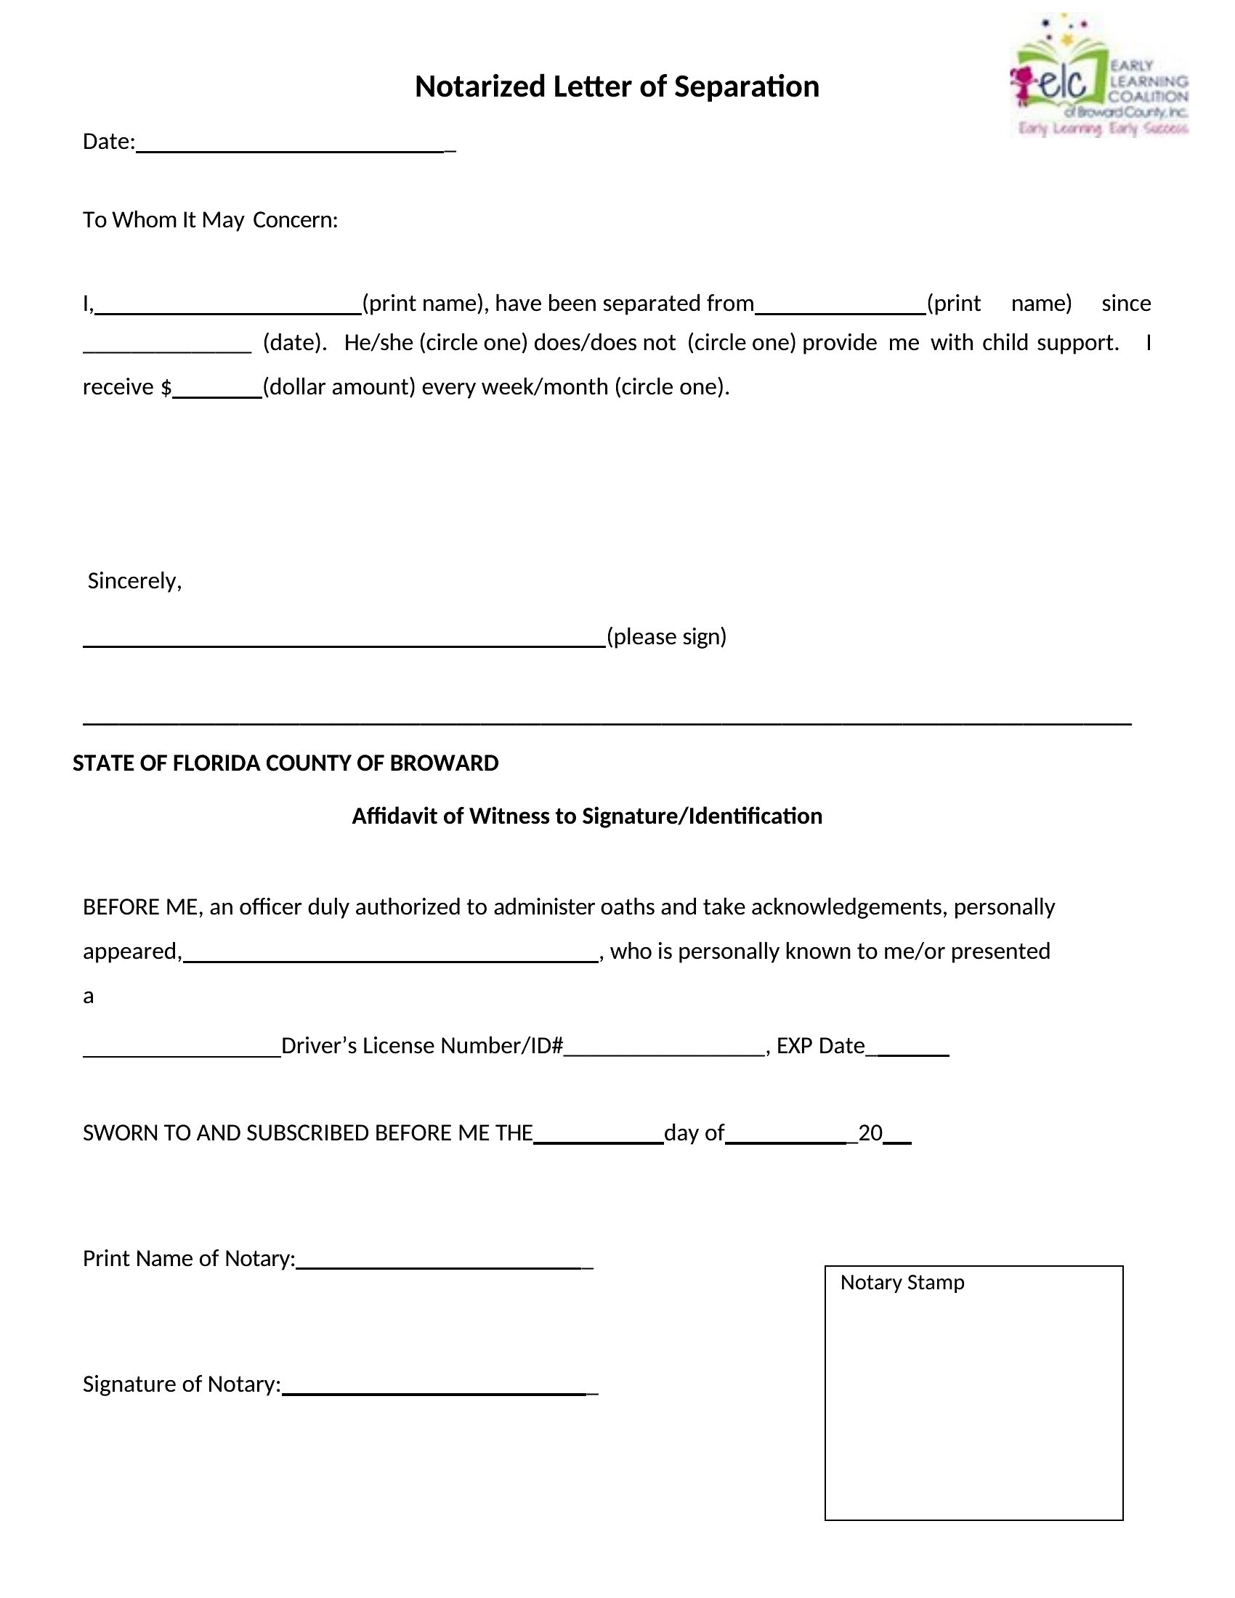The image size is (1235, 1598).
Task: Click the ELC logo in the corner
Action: click(x=1099, y=77)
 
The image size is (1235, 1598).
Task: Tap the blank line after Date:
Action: click(x=293, y=145)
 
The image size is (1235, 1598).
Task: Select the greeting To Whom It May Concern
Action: click(x=210, y=219)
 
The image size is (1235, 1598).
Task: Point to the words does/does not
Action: click(x=604, y=342)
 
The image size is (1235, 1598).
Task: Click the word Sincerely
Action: click(x=134, y=580)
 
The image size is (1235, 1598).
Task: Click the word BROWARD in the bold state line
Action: click(x=443, y=763)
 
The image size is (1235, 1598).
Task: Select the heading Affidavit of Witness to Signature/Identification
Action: click(x=587, y=816)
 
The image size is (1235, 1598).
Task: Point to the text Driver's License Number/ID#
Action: click(x=422, y=1045)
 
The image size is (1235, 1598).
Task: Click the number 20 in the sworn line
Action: click(x=870, y=1132)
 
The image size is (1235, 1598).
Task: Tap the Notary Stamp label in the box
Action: click(x=902, y=1283)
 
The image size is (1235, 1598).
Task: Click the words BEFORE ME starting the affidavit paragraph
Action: click(x=139, y=907)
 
